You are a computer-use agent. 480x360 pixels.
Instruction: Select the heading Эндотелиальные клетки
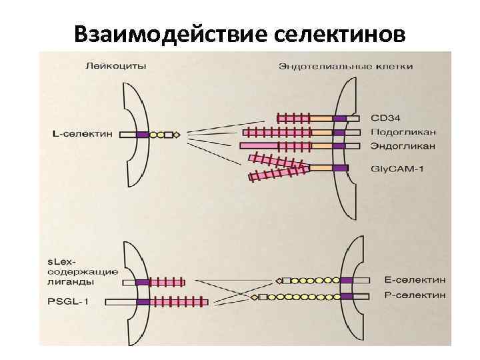pos(345,66)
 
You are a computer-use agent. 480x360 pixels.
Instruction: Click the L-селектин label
pos(81,134)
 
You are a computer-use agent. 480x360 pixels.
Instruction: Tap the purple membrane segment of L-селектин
pos(142,134)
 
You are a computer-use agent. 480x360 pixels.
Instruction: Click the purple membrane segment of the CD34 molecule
pos(340,119)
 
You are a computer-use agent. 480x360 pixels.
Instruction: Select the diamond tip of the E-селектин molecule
pos(278,280)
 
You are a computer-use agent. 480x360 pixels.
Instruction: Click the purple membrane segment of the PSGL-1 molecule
pos(143,302)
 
